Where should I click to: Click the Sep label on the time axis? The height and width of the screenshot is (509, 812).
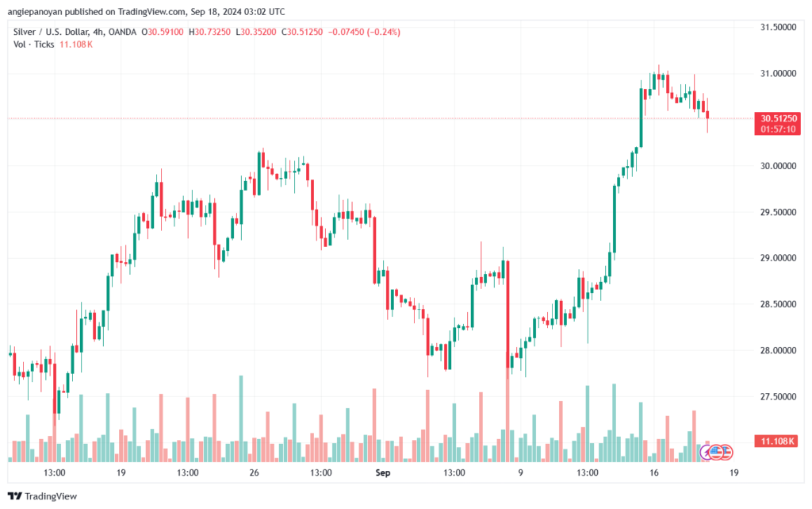click(382, 472)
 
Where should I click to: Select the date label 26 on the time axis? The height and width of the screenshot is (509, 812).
click(255, 472)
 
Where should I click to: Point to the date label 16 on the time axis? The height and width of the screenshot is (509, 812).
click(653, 472)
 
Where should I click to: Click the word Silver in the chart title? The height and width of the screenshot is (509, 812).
click(25, 32)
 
